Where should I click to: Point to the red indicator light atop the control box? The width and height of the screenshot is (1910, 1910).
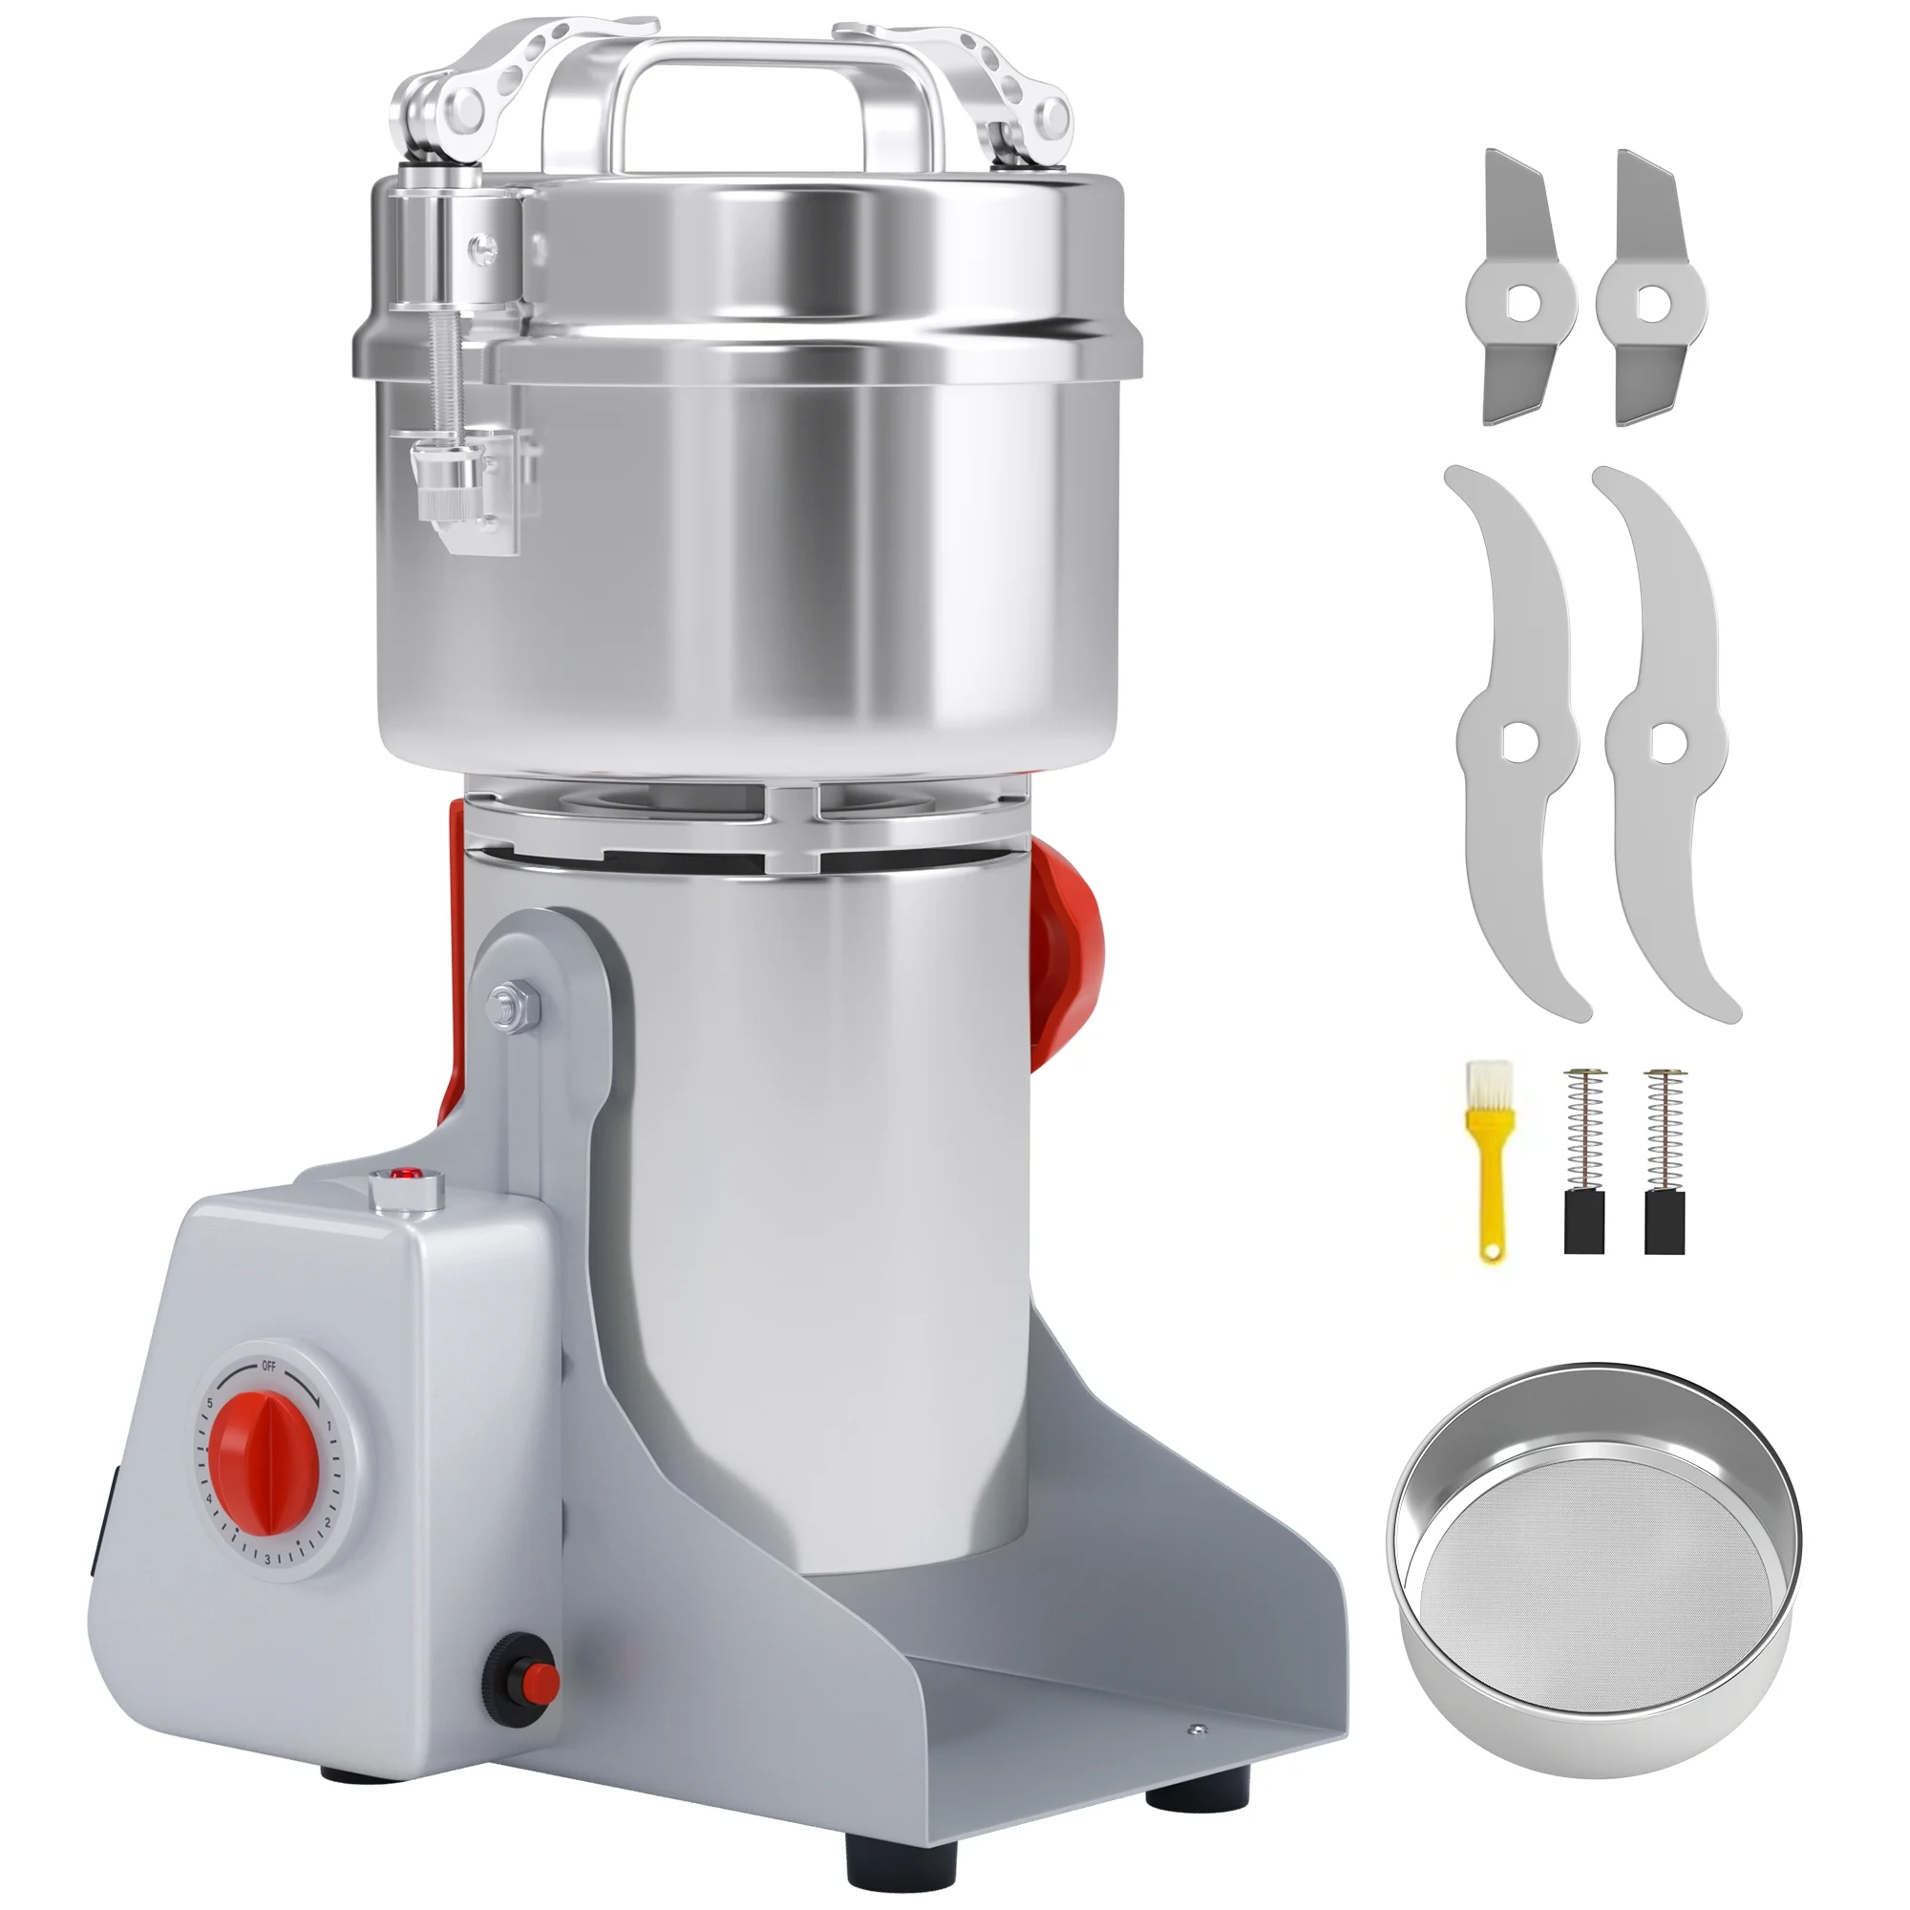click(x=402, y=1176)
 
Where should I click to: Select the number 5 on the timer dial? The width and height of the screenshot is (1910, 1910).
click(x=212, y=1404)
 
